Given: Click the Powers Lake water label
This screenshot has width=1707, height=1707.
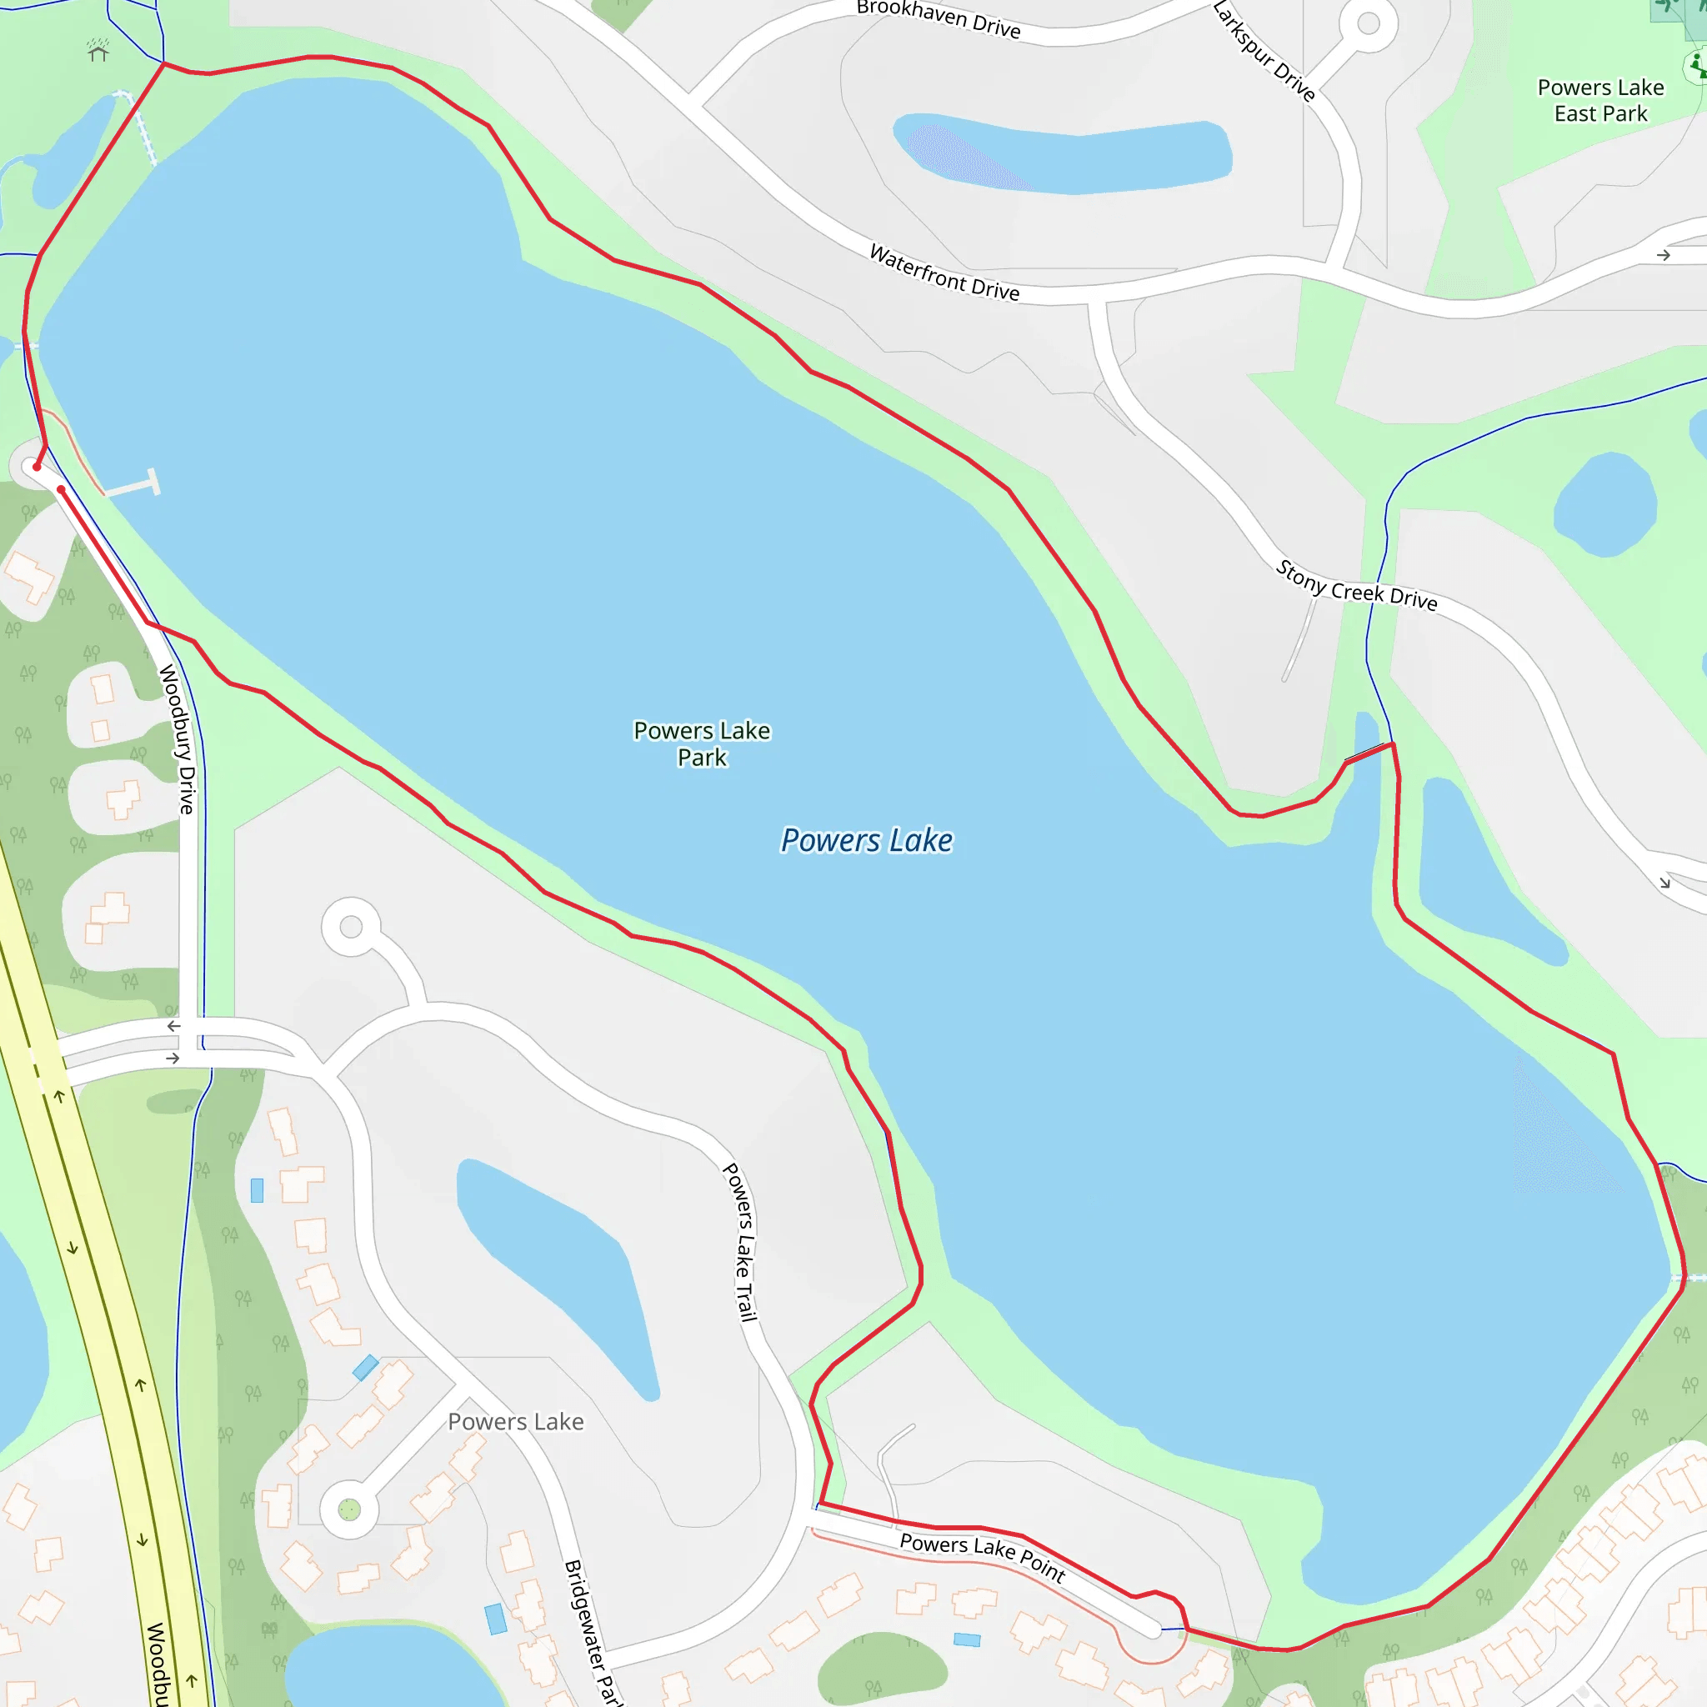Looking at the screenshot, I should coord(867,840).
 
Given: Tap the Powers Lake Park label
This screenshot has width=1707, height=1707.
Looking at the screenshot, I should coord(702,744).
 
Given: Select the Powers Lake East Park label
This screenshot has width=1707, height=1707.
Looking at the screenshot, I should coord(1600,101).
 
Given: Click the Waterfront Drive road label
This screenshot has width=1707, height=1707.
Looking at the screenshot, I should coord(944,273).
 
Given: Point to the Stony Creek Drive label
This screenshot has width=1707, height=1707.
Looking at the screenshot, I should coord(1355,586).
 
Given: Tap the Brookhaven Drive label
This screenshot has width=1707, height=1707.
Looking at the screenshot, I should coord(939,18).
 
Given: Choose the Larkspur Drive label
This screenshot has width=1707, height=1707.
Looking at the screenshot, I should coord(1264,51).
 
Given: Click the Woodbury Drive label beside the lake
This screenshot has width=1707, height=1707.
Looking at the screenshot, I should coord(177,738).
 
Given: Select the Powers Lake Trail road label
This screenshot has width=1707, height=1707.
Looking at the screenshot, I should coord(740,1242).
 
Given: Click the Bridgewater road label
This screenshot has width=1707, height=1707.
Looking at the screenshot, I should coord(593,1631).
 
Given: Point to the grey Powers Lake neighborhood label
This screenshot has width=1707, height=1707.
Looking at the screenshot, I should coord(515,1422).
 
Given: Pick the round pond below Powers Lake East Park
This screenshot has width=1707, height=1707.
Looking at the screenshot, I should coord(1604,503).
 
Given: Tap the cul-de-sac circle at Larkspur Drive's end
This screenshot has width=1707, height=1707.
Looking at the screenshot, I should coord(1368,24).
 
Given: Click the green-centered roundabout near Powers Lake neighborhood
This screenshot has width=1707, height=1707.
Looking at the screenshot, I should coord(349,1510).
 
